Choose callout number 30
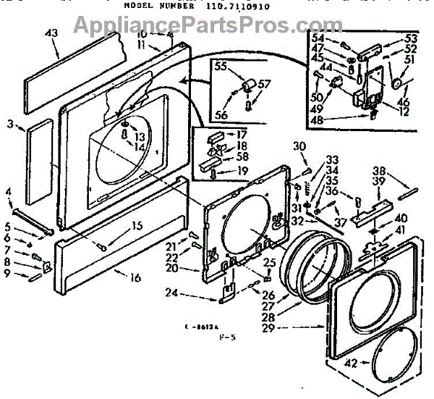click(299, 146)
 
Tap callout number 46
click(404, 104)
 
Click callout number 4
click(9, 192)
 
